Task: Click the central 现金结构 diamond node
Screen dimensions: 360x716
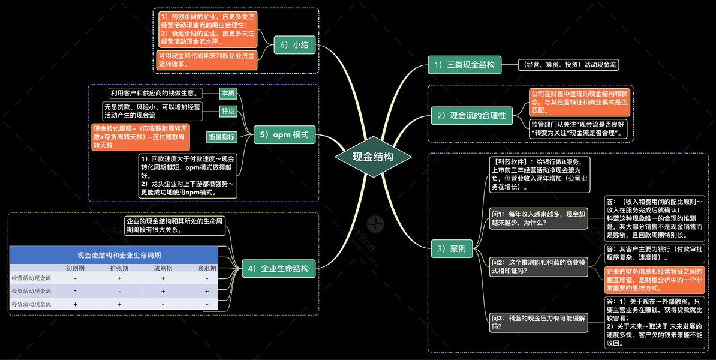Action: [x=372, y=157]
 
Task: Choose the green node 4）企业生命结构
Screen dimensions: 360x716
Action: [x=279, y=269]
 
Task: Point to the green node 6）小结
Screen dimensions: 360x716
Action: [x=295, y=45]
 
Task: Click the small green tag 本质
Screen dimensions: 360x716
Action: [x=228, y=94]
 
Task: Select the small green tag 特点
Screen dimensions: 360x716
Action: [x=228, y=112]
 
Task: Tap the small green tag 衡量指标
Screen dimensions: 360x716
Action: [x=222, y=137]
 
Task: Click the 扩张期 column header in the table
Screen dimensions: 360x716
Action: [x=119, y=268]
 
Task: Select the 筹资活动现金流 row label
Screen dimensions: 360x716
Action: [x=31, y=304]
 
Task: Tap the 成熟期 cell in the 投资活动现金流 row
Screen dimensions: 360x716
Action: [x=163, y=291]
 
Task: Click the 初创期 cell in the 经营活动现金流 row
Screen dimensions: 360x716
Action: [x=75, y=278]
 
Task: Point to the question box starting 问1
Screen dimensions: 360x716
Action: [x=538, y=218]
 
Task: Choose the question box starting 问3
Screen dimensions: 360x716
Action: [x=538, y=322]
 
